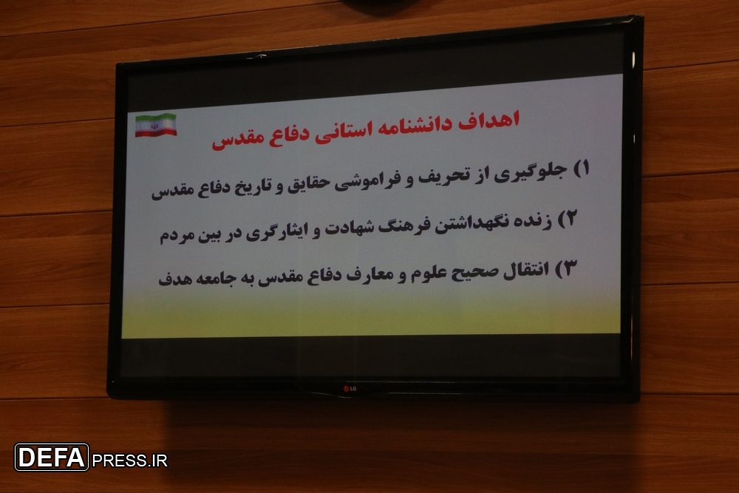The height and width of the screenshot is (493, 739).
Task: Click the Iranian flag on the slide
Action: pyautogui.click(x=156, y=125)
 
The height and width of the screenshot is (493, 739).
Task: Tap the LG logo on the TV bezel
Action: pyautogui.click(x=350, y=389)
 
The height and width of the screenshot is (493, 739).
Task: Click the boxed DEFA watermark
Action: pyautogui.click(x=52, y=458)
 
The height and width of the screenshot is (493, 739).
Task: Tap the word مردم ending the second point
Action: pyautogui.click(x=177, y=237)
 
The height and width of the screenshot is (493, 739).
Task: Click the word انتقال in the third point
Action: pyautogui.click(x=526, y=271)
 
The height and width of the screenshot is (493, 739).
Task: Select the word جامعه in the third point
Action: pyautogui.click(x=215, y=278)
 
